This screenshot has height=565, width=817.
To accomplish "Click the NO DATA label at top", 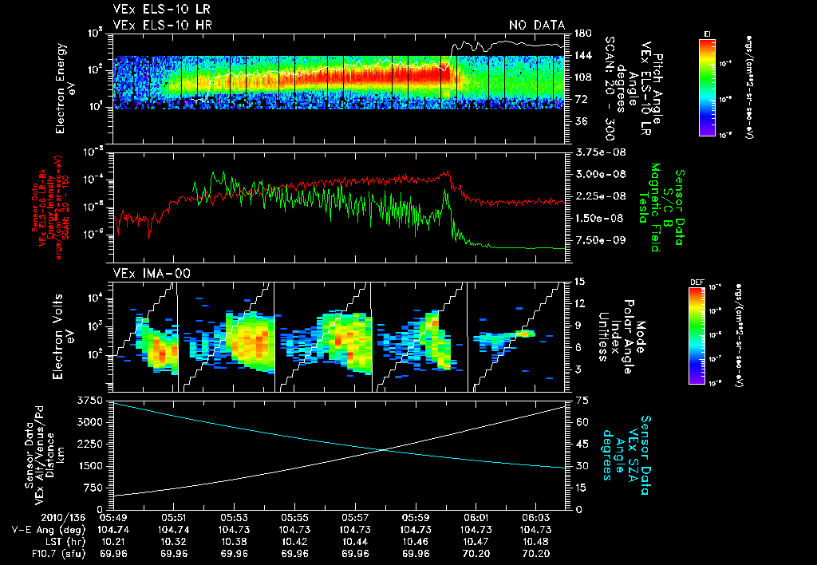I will coord(537,26).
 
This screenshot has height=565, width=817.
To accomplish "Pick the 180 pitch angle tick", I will coord(581,34).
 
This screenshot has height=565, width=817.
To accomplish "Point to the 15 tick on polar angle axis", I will coord(578,282).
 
